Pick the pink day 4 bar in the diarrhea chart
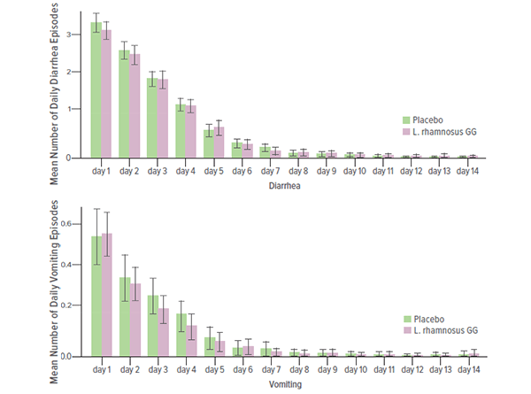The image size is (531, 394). coord(191,132)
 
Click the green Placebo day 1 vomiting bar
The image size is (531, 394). coord(96,297)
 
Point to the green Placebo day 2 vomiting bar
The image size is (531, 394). coord(125,317)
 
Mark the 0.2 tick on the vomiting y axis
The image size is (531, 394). coord(73,306)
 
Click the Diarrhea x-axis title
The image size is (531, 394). coord(283,186)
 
